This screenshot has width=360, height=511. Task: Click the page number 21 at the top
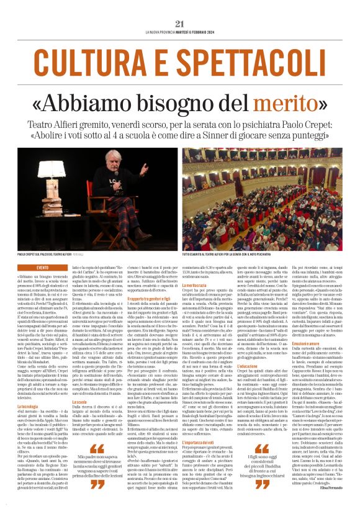pos(180,24)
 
